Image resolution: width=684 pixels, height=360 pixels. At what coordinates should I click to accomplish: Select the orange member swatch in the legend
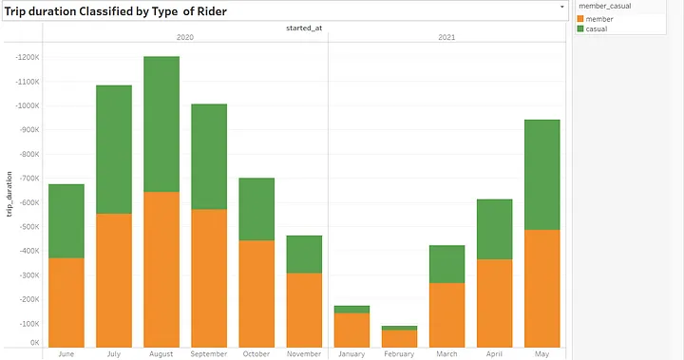click(x=581, y=19)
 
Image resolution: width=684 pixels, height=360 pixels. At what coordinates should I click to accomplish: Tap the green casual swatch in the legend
click(x=581, y=28)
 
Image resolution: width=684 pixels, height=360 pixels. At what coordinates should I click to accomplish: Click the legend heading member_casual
click(x=605, y=7)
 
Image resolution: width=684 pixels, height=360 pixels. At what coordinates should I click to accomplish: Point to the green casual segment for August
click(x=161, y=124)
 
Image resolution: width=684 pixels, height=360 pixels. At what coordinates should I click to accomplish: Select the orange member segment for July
click(x=113, y=280)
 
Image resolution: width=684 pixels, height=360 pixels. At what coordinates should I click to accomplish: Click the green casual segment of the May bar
click(x=541, y=175)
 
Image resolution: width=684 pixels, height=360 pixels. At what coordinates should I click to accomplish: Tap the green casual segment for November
click(x=305, y=255)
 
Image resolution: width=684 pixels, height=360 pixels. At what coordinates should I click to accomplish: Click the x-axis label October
click(x=256, y=353)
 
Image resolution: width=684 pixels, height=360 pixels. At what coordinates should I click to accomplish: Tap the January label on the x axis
click(x=352, y=353)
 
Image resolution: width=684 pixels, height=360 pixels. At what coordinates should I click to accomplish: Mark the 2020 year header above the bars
click(x=185, y=37)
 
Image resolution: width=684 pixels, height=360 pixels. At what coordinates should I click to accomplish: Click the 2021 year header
click(x=446, y=37)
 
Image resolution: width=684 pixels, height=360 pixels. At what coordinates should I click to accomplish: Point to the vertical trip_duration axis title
click(x=9, y=194)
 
